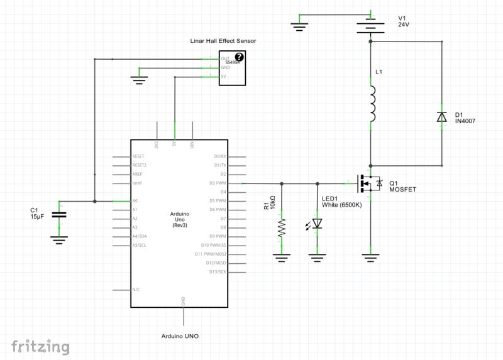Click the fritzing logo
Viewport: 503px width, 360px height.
(40, 346)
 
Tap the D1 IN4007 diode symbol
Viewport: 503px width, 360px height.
(441, 117)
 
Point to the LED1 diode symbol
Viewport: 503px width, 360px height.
(317, 224)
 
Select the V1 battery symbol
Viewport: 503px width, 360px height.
(370, 26)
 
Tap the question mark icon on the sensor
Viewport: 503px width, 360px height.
(239, 57)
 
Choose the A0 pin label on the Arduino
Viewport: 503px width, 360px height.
(135, 201)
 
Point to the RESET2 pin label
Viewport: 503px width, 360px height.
(140, 165)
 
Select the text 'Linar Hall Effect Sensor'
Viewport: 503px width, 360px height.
(223, 41)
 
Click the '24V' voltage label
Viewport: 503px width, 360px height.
(404, 25)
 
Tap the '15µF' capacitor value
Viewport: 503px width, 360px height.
(38, 217)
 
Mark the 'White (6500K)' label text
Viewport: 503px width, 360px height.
(341, 205)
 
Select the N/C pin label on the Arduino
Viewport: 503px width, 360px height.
(136, 290)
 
